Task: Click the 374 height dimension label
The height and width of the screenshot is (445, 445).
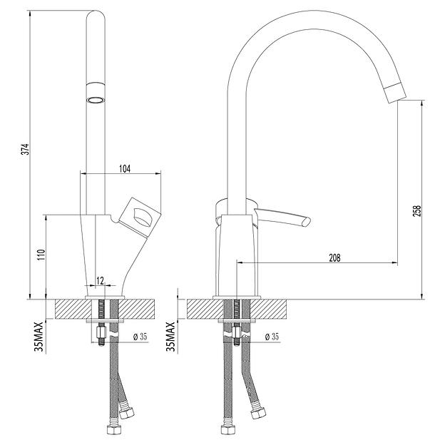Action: (24, 150)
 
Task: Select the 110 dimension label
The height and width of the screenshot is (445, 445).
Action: (41, 255)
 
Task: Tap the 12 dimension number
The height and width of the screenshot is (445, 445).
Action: (100, 280)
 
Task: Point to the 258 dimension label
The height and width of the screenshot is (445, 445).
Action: (416, 212)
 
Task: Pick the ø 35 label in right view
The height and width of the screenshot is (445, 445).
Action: (272, 337)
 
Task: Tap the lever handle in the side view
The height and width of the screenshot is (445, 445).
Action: (285, 218)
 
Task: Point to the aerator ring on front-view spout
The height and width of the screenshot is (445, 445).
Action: (96, 98)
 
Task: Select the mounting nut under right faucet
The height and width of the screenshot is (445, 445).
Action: (235, 332)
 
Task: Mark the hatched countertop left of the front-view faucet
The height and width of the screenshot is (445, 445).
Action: (68, 309)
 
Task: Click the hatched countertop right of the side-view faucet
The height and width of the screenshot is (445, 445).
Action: (274, 309)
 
